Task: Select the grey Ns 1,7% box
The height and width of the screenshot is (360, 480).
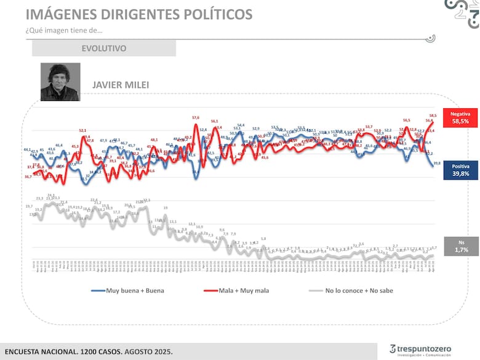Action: pyautogui.click(x=461, y=246)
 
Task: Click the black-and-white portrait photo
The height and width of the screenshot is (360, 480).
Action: pyautogui.click(x=60, y=81)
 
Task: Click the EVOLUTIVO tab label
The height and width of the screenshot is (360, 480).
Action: pyautogui.click(x=103, y=48)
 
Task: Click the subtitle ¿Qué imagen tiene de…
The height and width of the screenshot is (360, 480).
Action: pyautogui.click(x=64, y=31)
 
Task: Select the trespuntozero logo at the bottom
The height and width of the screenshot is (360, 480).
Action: pyautogui.click(x=420, y=350)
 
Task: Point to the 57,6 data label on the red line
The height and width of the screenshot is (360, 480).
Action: pyautogui.click(x=196, y=118)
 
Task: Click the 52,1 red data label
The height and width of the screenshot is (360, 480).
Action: pyautogui.click(x=82, y=130)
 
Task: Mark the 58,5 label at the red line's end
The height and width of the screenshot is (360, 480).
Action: pyautogui.click(x=433, y=116)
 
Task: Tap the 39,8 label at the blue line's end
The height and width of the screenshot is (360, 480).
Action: pyautogui.click(x=436, y=162)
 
